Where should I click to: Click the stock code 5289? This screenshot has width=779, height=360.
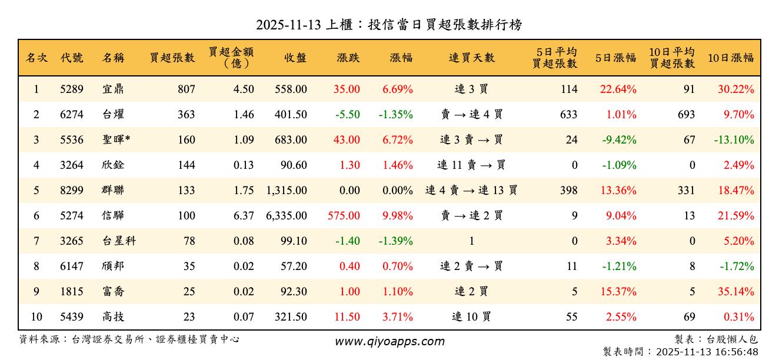coord(72,89)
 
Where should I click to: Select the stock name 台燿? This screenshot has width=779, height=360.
coord(112,115)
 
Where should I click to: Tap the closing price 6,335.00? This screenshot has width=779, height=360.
coord(287,216)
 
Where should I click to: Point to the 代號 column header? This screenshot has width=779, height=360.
coord(72,58)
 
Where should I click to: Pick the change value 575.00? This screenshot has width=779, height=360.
coord(344,216)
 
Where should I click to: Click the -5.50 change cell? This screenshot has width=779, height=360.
coord(348,115)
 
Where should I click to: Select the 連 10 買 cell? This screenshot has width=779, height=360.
coord(471,317)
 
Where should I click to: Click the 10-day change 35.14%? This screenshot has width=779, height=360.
coord(736,292)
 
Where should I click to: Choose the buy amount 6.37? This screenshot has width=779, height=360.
coord(244,216)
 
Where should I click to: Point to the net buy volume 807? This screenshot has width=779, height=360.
coord(186,89)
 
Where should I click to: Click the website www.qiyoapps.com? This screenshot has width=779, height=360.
coord(389,342)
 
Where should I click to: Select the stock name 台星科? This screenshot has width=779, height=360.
coord(118,241)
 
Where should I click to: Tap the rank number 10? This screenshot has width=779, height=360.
coord(36,317)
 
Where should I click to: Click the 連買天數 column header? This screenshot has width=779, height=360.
coord(471,58)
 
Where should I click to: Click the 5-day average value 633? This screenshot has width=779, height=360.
coord(568,115)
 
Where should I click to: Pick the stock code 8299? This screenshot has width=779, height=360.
coord(72,191)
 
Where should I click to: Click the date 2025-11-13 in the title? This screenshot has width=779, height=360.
coord(289,25)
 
